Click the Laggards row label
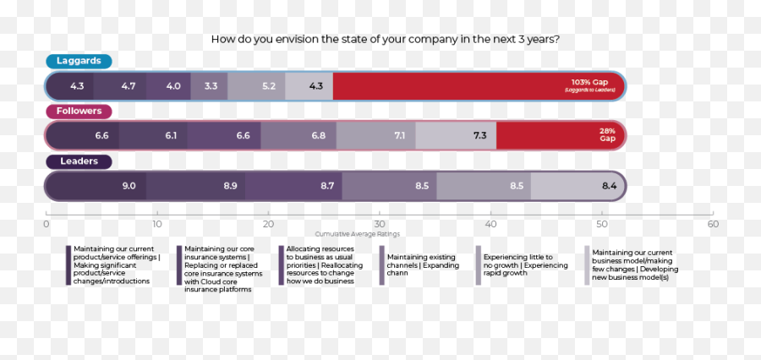coord(79,61)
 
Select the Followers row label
coord(79,111)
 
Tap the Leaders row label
coord(79,161)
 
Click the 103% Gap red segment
coord(479,85)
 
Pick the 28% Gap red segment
coord(560,135)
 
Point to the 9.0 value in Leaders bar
coord(129,186)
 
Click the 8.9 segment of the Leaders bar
coord(230,186)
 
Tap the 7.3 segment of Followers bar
coord(479,135)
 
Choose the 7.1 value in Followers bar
coord(399,135)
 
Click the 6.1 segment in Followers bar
coord(171,135)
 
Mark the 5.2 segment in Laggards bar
coord(269,85)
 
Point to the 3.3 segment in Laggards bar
coord(211,85)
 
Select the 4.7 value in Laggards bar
coord(129,85)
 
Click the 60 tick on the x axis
coord(713,224)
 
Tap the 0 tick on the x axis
coord(47,224)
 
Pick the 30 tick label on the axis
coord(380,224)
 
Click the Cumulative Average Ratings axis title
coord(358,234)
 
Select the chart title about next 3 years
coord(385,39)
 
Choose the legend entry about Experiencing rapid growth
coord(517,265)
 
